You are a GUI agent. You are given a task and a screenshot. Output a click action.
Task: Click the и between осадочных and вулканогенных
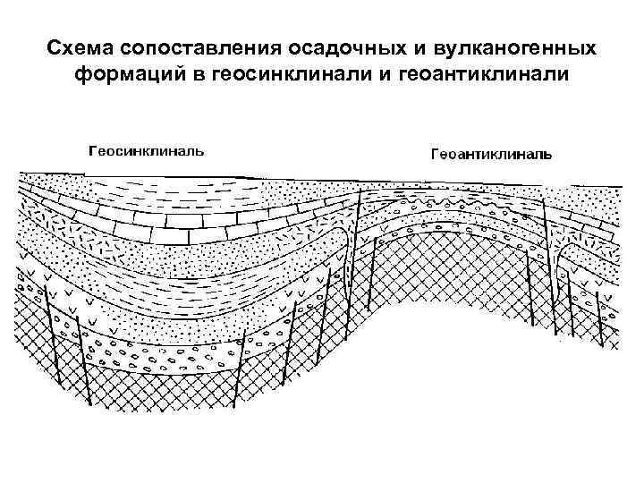point(401,46)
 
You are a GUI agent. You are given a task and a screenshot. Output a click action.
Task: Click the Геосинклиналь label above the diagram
point(146,149)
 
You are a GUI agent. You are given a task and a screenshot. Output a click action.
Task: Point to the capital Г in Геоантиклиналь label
point(436,154)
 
